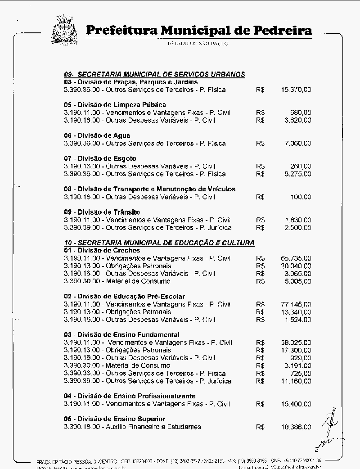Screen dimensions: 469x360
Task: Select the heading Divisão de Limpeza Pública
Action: point(115,105)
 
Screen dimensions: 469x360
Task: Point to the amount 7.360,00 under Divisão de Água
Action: point(297,143)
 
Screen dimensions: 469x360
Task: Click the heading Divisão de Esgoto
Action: point(100,158)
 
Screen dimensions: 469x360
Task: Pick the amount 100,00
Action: point(301,197)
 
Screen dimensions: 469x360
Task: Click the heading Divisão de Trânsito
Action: point(102,212)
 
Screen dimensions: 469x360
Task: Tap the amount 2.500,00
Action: point(297,228)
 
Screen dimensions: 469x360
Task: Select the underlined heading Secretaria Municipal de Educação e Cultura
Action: point(159,243)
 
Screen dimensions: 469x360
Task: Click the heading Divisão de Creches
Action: point(102,250)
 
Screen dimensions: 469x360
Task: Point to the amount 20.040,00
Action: point(296,266)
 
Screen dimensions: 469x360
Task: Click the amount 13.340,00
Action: point(296,312)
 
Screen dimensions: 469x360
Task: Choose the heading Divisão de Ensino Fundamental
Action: point(121,335)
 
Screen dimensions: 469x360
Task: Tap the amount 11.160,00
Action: point(296,381)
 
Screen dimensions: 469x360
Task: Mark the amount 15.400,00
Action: point(296,404)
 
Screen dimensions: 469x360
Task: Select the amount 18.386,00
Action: point(296,427)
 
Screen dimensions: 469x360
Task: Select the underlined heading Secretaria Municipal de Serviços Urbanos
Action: point(154,74)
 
